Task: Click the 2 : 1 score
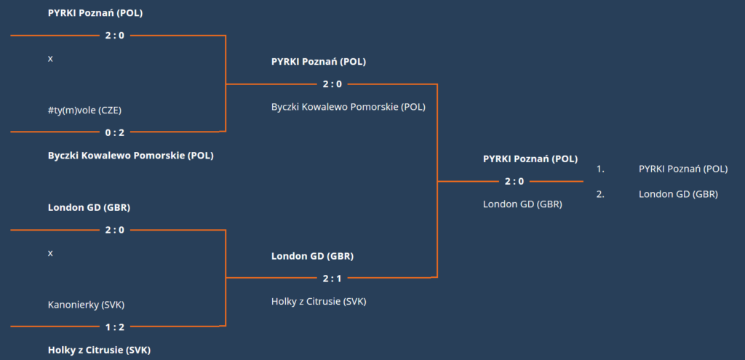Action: pyautogui.click(x=332, y=279)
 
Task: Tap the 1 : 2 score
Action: pyautogui.click(x=114, y=327)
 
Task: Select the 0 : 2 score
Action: pyautogui.click(x=114, y=132)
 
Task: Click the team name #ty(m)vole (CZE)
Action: pyautogui.click(x=84, y=111)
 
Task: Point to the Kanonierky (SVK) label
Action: pyautogui.click(x=86, y=305)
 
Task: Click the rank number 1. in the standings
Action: pyautogui.click(x=600, y=169)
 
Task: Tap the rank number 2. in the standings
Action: pyautogui.click(x=600, y=193)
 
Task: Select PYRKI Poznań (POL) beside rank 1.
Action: pyautogui.click(x=683, y=169)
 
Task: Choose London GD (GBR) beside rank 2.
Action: pyautogui.click(x=678, y=193)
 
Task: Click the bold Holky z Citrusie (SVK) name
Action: pyautogui.click(x=99, y=351)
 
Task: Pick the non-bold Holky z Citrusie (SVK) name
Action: pyautogui.click(x=319, y=301)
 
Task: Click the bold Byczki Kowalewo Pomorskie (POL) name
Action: pyautogui.click(x=131, y=156)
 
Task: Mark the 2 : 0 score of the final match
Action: pyautogui.click(x=514, y=181)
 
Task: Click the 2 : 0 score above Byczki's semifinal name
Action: pyautogui.click(x=332, y=84)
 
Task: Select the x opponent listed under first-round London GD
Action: pyautogui.click(x=50, y=253)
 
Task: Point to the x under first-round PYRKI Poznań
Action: pyautogui.click(x=50, y=59)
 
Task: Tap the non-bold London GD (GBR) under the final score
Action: pyautogui.click(x=522, y=204)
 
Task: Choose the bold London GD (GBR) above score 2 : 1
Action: pyautogui.click(x=313, y=256)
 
